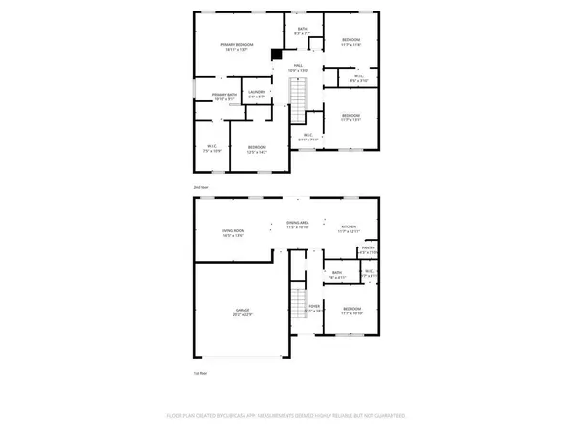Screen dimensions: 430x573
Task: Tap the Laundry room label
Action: coord(256,94)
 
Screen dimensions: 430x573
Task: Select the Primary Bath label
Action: coord(225,96)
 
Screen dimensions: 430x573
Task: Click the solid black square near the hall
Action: coord(277,55)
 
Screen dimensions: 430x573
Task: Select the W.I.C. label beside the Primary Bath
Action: coord(212,148)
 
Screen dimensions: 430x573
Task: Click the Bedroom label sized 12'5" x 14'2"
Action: coord(257,148)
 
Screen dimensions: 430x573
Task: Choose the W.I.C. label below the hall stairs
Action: coord(308,137)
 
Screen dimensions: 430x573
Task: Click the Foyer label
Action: coord(314,309)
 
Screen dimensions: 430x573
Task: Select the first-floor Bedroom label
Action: coord(351,311)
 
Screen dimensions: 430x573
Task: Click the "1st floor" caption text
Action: coord(201,373)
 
